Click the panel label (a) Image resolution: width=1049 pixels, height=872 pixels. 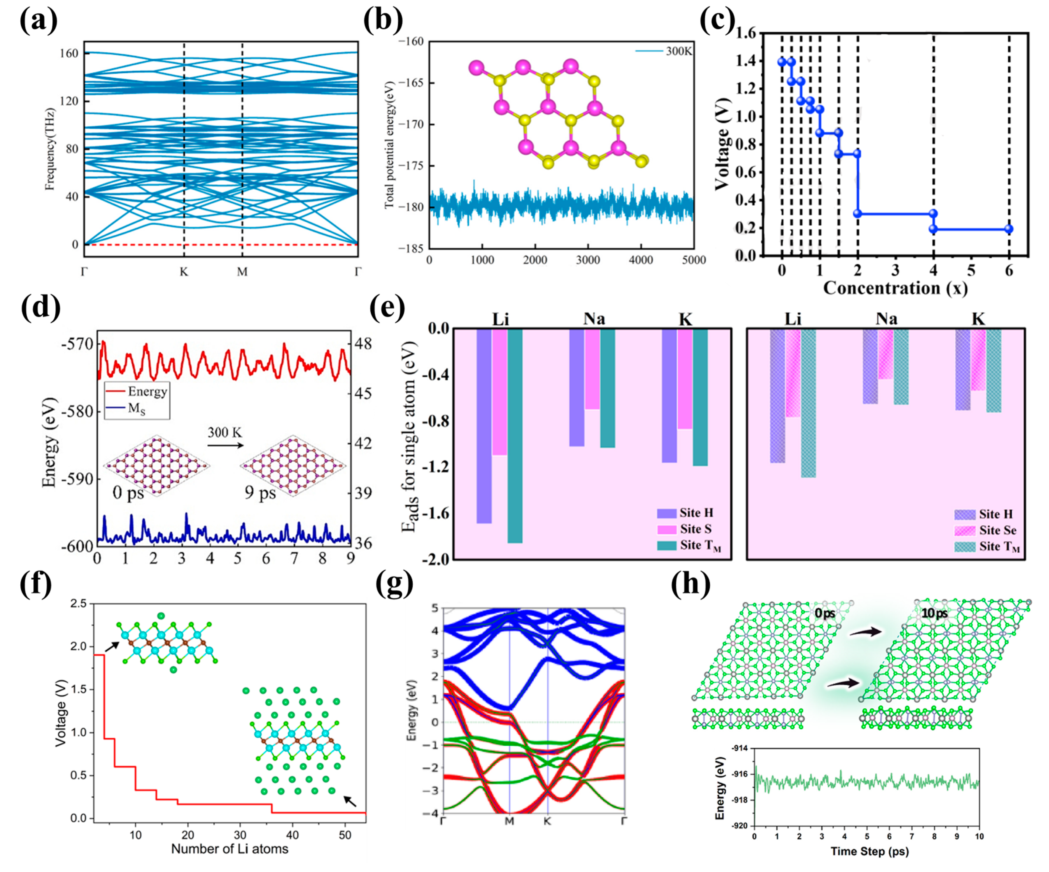coord(38,21)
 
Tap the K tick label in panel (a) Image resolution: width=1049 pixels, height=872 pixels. coord(184,272)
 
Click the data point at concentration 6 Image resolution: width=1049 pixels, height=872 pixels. coord(1008,229)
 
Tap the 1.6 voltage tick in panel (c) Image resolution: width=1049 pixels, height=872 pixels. coord(747,33)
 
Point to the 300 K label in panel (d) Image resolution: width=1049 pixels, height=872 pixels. coord(225,432)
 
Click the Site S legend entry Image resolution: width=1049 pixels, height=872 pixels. coord(684,529)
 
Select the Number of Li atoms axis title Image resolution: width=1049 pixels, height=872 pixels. coord(230,849)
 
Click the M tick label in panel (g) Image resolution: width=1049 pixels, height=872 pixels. coord(509,821)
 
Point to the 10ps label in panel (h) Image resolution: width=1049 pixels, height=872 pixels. coord(934,613)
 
